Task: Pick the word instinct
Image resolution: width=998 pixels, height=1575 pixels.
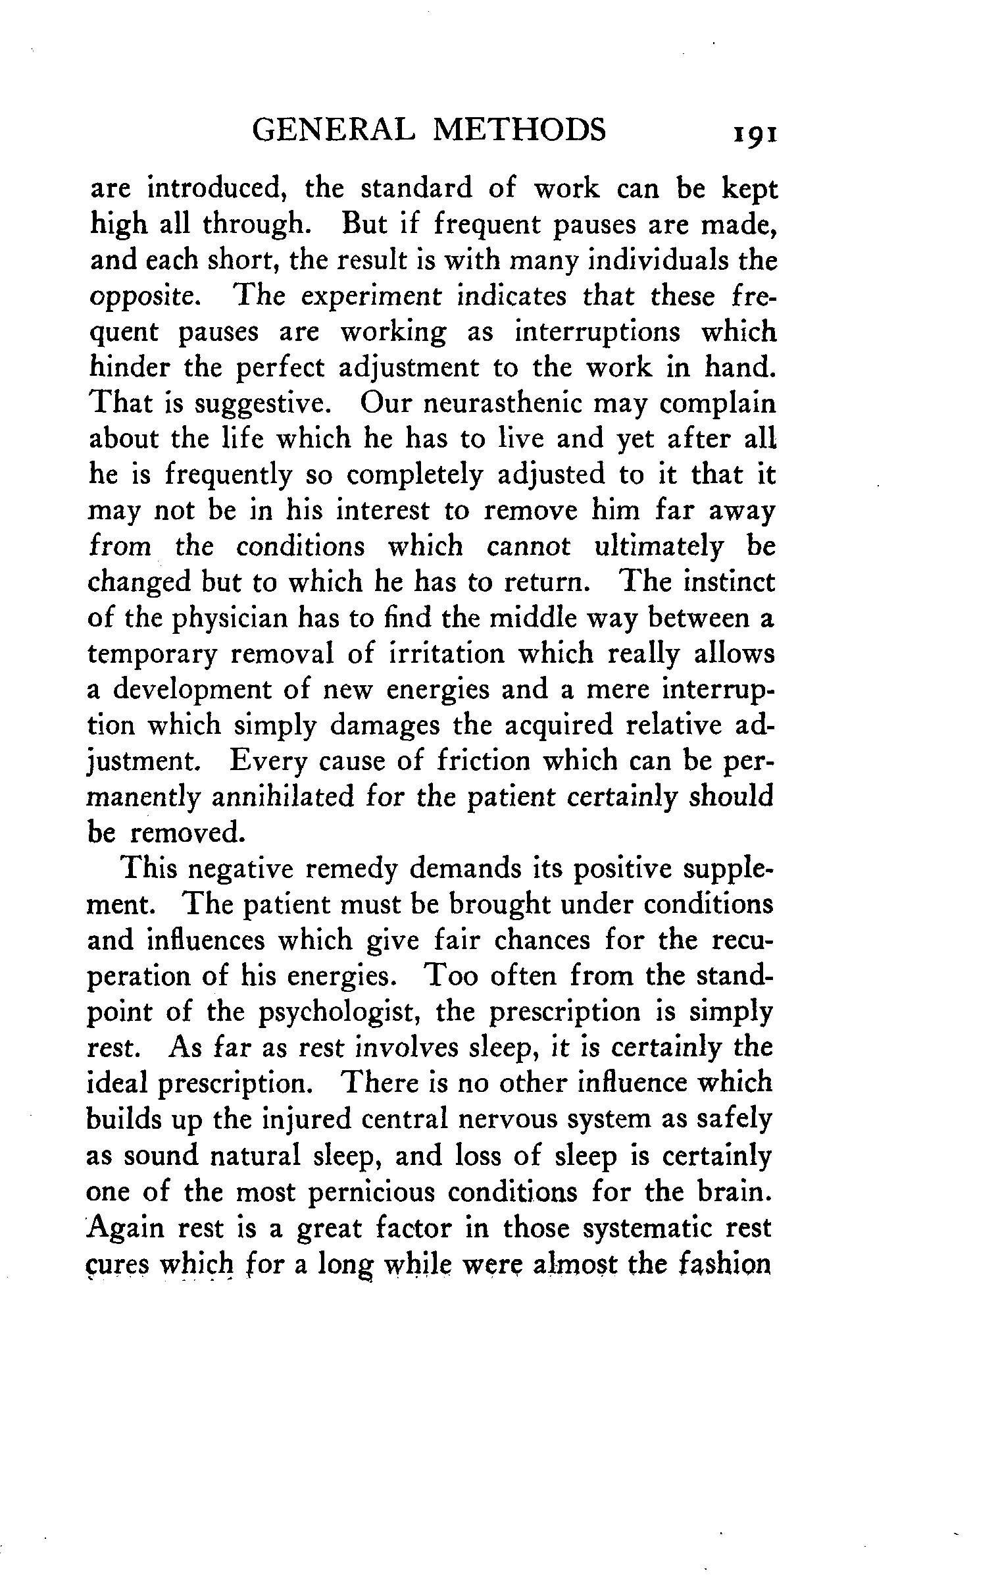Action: click(x=731, y=582)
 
